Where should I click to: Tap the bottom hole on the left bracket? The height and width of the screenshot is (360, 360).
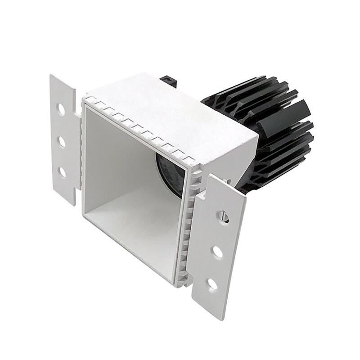(x=62, y=172)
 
